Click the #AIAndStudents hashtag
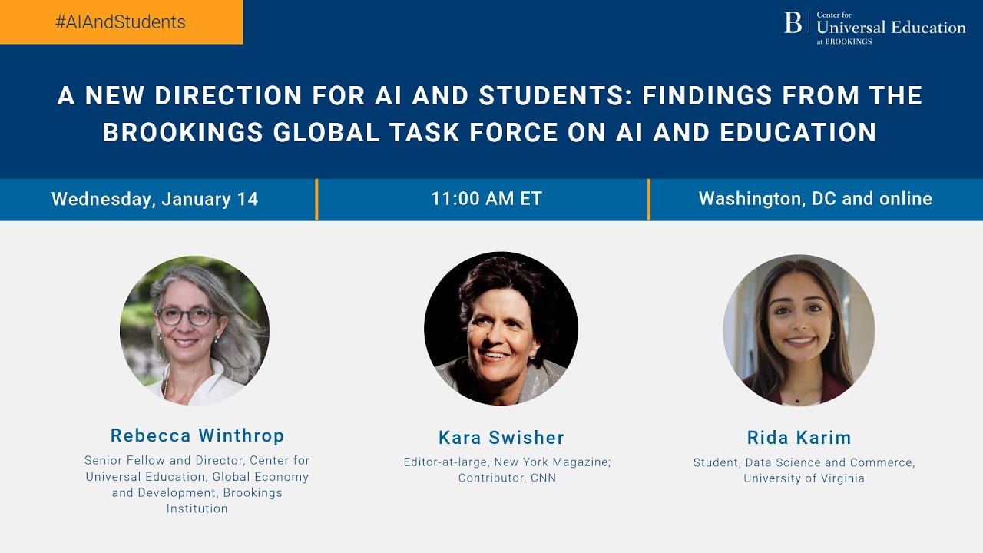pos(121,22)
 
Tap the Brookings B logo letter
pos(793,23)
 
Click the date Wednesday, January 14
pos(154,199)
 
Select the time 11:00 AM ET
pos(486,199)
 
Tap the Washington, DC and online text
pos(815,199)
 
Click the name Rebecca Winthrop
pos(197,435)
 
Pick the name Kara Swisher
pos(501,438)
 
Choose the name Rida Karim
pos(799,438)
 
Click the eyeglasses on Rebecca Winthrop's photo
pos(186,316)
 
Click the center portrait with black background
pos(501,329)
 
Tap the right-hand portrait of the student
pos(799,330)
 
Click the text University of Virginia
pos(803,478)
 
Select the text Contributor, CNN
pos(507,478)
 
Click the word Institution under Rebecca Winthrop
pos(197,508)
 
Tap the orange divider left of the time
pos(316,200)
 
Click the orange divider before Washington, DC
pos(649,200)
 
